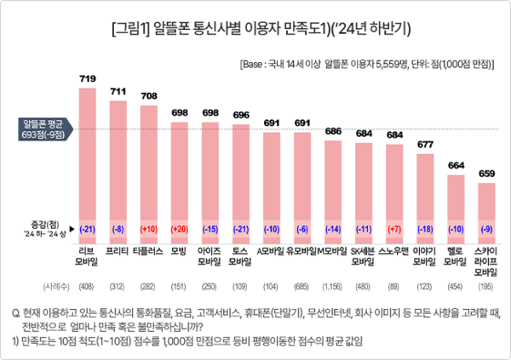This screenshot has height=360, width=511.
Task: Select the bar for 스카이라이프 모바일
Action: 486,213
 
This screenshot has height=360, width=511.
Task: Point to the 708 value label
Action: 149,96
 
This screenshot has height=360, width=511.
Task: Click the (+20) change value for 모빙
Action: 180,230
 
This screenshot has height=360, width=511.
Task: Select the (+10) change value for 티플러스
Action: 149,230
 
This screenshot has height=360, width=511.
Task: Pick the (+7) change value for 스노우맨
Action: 394,230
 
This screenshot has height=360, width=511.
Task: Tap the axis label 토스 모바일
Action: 241,257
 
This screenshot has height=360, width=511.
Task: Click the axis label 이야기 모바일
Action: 425,257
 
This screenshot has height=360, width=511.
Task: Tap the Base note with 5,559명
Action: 365,63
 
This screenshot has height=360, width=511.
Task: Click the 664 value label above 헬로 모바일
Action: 456,165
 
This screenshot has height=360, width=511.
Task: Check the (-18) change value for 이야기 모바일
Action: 425,230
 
